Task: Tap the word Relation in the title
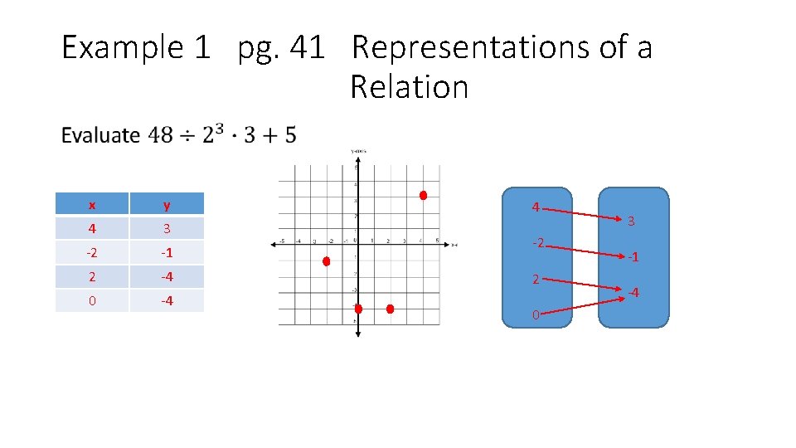[x=409, y=86]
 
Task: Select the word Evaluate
[x=100, y=135]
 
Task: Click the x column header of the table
[x=92, y=205]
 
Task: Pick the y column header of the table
[x=167, y=205]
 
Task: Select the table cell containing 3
[x=167, y=229]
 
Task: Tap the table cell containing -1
[x=167, y=253]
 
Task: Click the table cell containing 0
[x=92, y=300]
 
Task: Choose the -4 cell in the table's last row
[x=167, y=300]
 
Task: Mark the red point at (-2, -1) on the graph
[x=327, y=261]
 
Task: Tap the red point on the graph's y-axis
[x=358, y=309]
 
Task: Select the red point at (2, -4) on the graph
[x=391, y=309]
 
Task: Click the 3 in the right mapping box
[x=631, y=222]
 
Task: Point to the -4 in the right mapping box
[x=633, y=292]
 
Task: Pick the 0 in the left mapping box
[x=536, y=315]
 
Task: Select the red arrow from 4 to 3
[x=585, y=212]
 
